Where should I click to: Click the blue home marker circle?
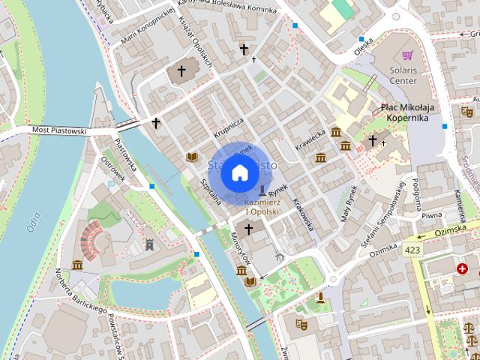point(238,172)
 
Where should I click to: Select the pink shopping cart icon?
point(407,55)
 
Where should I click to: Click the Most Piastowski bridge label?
point(59,130)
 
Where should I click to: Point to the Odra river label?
point(32,218)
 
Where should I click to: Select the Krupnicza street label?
point(228,125)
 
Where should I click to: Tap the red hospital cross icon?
point(463,268)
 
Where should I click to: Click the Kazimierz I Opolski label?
point(262,206)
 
